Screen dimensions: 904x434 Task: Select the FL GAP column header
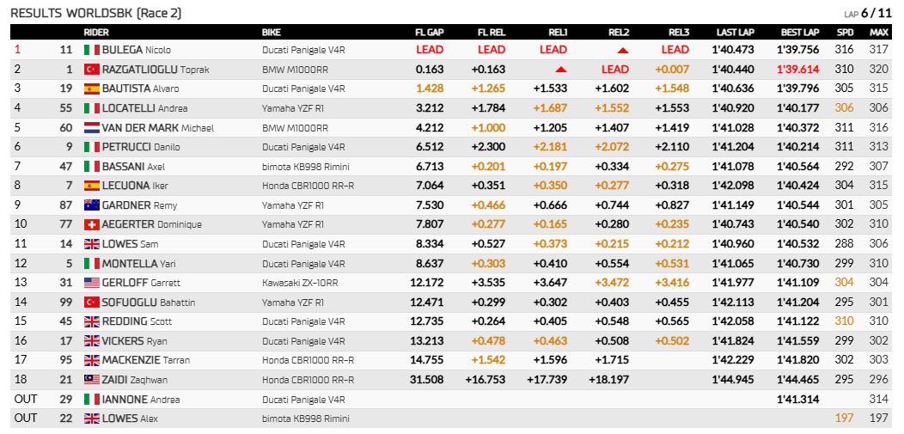coord(430,33)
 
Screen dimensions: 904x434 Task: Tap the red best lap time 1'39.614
coord(798,69)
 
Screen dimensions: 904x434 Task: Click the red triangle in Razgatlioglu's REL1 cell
coord(561,70)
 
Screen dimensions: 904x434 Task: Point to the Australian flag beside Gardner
coord(92,205)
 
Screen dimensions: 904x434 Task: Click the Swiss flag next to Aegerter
coord(92,224)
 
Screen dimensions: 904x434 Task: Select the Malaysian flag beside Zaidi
coord(92,380)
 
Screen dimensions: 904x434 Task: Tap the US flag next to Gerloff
coord(92,283)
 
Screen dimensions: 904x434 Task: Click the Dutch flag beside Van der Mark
coord(92,127)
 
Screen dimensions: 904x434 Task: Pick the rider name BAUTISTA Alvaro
coord(140,89)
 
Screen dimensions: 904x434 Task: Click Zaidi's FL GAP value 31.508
coord(430,380)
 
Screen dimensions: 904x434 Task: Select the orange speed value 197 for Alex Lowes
coord(844,419)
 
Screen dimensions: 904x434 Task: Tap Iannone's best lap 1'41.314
coord(798,400)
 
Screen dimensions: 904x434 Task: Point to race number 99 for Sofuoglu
coord(66,302)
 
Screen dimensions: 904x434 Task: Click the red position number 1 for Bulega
coord(16,50)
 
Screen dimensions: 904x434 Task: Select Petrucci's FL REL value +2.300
coord(488,147)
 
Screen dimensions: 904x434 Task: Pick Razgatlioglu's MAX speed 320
coord(878,69)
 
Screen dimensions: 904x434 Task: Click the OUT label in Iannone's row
coord(25,400)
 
